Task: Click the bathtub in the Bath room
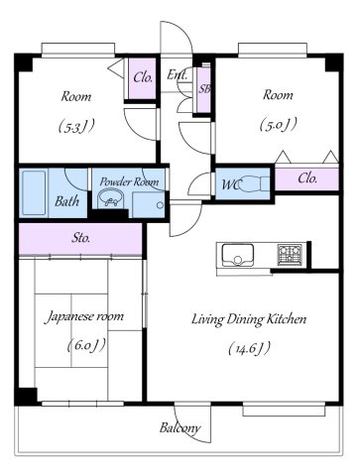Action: click(34, 193)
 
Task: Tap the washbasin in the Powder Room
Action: click(111, 198)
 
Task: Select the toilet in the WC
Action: click(254, 183)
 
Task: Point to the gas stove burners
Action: click(290, 255)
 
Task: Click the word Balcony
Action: click(180, 427)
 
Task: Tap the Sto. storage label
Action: click(81, 238)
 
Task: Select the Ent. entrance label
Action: click(178, 74)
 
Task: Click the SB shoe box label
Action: click(204, 88)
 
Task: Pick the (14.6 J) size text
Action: click(250, 348)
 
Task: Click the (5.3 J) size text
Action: click(76, 126)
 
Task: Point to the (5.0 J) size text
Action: click(278, 125)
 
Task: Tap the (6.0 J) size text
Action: click(86, 345)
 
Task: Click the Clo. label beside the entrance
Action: click(143, 78)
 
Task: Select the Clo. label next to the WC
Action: click(307, 178)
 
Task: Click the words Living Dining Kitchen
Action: click(249, 319)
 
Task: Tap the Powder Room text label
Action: click(129, 181)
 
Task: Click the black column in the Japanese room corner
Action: click(26, 396)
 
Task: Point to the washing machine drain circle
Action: click(160, 205)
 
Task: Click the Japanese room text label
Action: click(84, 316)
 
